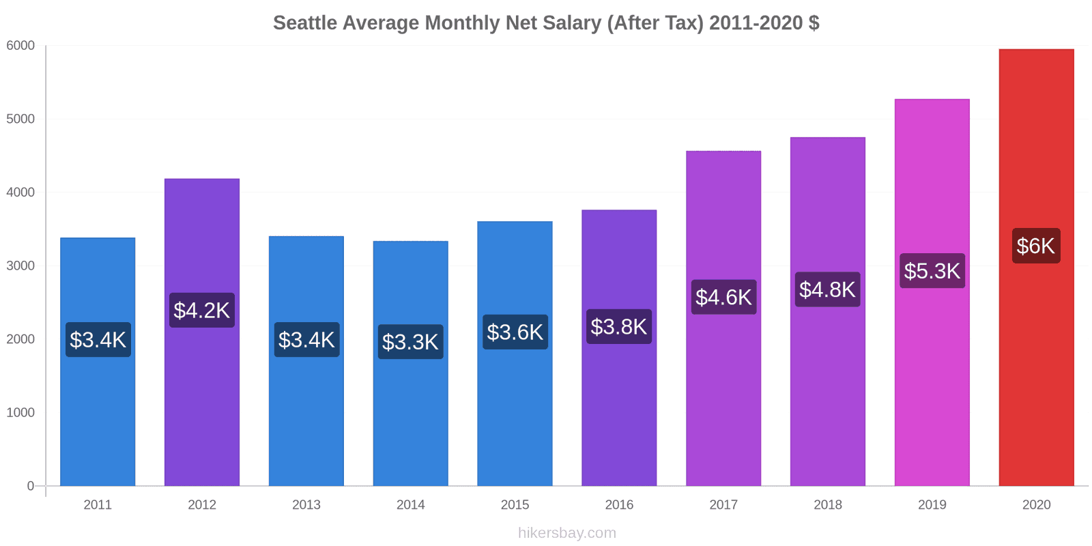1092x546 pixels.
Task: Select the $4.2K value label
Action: pyautogui.click(x=202, y=311)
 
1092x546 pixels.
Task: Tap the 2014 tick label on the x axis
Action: pyautogui.click(x=410, y=505)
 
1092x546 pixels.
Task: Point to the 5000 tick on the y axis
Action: pyautogui.click(x=20, y=119)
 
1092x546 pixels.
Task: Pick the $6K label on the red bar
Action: pyautogui.click(x=1035, y=246)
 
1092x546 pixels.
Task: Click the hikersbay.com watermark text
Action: pyautogui.click(x=566, y=533)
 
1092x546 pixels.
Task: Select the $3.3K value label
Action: pyautogui.click(x=410, y=342)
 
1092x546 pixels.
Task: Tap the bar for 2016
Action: pyautogui.click(x=619, y=409)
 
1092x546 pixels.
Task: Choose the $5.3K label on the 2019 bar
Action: pyautogui.click(x=932, y=271)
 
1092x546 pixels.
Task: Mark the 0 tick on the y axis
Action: pyautogui.click(x=30, y=486)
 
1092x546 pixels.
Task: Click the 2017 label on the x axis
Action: pyautogui.click(x=723, y=505)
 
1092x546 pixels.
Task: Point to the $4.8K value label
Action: pyautogui.click(x=827, y=289)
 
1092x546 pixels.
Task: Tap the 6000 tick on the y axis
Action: pyautogui.click(x=20, y=46)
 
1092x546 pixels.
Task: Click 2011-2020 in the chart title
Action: pyautogui.click(x=756, y=23)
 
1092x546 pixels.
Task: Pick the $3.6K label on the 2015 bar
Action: pyautogui.click(x=515, y=332)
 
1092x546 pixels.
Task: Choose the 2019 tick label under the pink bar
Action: pyautogui.click(x=932, y=505)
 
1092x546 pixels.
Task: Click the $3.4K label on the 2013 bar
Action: pyautogui.click(x=306, y=340)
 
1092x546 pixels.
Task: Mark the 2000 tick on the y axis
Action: pyautogui.click(x=20, y=339)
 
